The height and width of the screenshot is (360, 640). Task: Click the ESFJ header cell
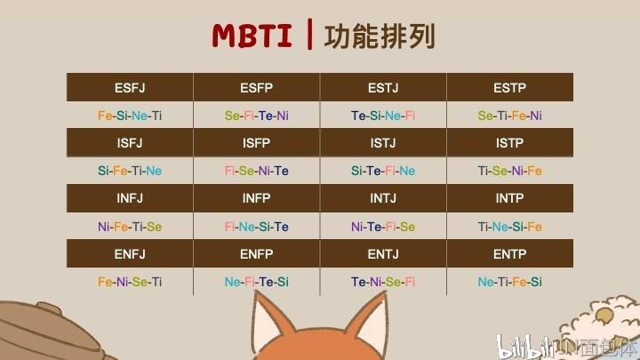(x=130, y=87)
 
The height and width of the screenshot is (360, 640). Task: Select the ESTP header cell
(x=510, y=87)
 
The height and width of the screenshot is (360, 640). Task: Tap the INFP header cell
(x=256, y=198)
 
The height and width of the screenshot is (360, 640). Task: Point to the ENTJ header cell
(x=383, y=254)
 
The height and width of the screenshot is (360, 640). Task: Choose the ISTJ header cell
(x=383, y=142)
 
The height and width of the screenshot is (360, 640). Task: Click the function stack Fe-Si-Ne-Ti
(x=130, y=116)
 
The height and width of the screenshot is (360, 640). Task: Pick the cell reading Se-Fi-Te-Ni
(x=256, y=116)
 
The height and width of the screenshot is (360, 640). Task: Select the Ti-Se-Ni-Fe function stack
(x=510, y=171)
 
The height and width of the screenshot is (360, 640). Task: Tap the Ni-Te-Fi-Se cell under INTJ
(x=383, y=227)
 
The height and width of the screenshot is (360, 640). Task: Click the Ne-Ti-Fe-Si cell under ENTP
(x=510, y=282)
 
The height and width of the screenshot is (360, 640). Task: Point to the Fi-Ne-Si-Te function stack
(x=256, y=227)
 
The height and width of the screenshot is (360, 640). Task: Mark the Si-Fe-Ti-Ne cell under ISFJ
(x=130, y=171)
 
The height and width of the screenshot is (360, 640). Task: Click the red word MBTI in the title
(x=252, y=36)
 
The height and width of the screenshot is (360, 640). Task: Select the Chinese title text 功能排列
(x=380, y=36)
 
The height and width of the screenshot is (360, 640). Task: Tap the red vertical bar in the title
(x=309, y=35)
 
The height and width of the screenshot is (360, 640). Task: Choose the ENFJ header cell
(x=130, y=254)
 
